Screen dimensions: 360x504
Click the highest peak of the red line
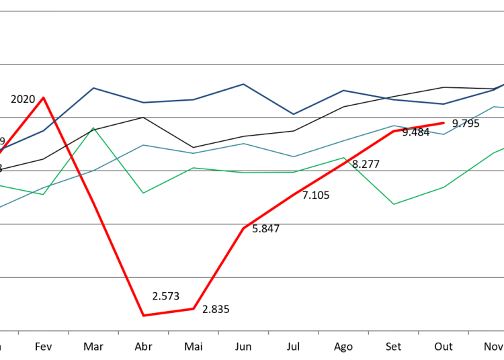click(x=44, y=97)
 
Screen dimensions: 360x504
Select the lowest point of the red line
click(x=143, y=315)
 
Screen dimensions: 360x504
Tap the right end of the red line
click(x=444, y=123)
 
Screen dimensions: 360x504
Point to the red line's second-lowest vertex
click(x=194, y=308)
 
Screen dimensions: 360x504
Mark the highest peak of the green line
click(x=93, y=128)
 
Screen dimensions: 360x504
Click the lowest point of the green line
click(x=394, y=204)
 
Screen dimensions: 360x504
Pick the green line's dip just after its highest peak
click(x=143, y=193)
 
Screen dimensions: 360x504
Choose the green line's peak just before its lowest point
click(x=343, y=158)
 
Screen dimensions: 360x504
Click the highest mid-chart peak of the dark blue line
click(x=243, y=84)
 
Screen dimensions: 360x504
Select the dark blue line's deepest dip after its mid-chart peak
click(x=293, y=114)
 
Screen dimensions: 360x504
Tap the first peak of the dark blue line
click(x=93, y=88)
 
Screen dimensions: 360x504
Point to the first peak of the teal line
click(x=143, y=144)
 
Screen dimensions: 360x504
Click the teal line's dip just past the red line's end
click(x=444, y=134)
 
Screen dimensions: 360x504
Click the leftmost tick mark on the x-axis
click(x=18, y=332)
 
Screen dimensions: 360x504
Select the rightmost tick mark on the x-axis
click(x=468, y=332)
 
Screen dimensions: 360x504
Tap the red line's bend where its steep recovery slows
click(x=243, y=228)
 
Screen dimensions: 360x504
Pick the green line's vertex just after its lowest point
click(x=444, y=187)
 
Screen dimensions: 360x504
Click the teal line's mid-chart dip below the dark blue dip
click(x=293, y=156)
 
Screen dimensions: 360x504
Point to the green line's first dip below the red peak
click(x=44, y=194)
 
